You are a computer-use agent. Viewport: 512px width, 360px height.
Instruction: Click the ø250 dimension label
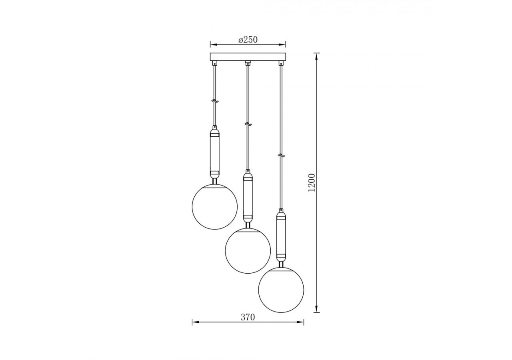248,40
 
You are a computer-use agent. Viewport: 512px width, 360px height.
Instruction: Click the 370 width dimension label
248,317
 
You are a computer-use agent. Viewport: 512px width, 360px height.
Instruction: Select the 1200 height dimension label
312,182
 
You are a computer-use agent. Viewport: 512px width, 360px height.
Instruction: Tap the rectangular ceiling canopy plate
248,57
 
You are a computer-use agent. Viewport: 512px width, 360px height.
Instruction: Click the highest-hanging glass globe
215,207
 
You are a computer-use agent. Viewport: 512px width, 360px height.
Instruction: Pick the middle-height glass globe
248,251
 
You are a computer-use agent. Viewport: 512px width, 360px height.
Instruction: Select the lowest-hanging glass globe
281,290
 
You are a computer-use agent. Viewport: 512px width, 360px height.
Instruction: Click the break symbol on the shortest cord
215,102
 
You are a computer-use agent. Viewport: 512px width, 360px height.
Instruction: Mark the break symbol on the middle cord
248,124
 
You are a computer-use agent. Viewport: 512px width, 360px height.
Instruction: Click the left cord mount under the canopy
215,63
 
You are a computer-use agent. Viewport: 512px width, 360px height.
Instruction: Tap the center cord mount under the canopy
248,63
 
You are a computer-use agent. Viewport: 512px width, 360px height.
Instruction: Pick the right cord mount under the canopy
281,63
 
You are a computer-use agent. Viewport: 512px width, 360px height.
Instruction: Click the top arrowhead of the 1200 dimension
317,56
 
